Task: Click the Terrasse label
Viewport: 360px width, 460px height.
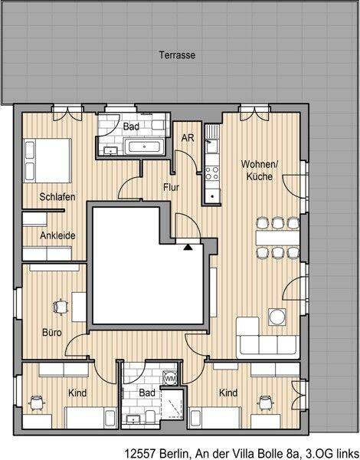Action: tap(177, 55)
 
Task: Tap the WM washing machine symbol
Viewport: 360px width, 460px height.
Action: tap(170, 378)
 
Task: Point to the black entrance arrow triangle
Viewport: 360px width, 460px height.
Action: tap(188, 247)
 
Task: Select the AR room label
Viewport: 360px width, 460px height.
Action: tap(188, 137)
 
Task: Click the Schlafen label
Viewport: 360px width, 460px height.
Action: tap(57, 196)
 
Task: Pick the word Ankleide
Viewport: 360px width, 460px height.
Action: tap(57, 235)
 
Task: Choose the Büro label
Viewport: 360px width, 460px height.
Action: tap(52, 333)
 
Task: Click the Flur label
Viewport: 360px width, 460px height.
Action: tap(172, 187)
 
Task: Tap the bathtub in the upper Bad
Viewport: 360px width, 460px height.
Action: tap(144, 146)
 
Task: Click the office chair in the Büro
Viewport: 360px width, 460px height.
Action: tap(61, 307)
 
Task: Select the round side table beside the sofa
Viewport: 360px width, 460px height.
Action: tap(277, 317)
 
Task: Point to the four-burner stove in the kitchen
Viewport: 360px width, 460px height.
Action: tap(212, 173)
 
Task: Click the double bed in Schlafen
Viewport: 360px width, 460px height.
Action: tap(47, 160)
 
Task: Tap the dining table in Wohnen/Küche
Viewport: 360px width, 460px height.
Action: tap(277, 238)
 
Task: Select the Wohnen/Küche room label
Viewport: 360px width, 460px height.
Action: tap(260, 170)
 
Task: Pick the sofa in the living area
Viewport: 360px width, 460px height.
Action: tap(267, 337)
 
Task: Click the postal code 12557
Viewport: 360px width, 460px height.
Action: tap(140, 454)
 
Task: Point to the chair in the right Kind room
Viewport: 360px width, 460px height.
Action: tap(265, 402)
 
